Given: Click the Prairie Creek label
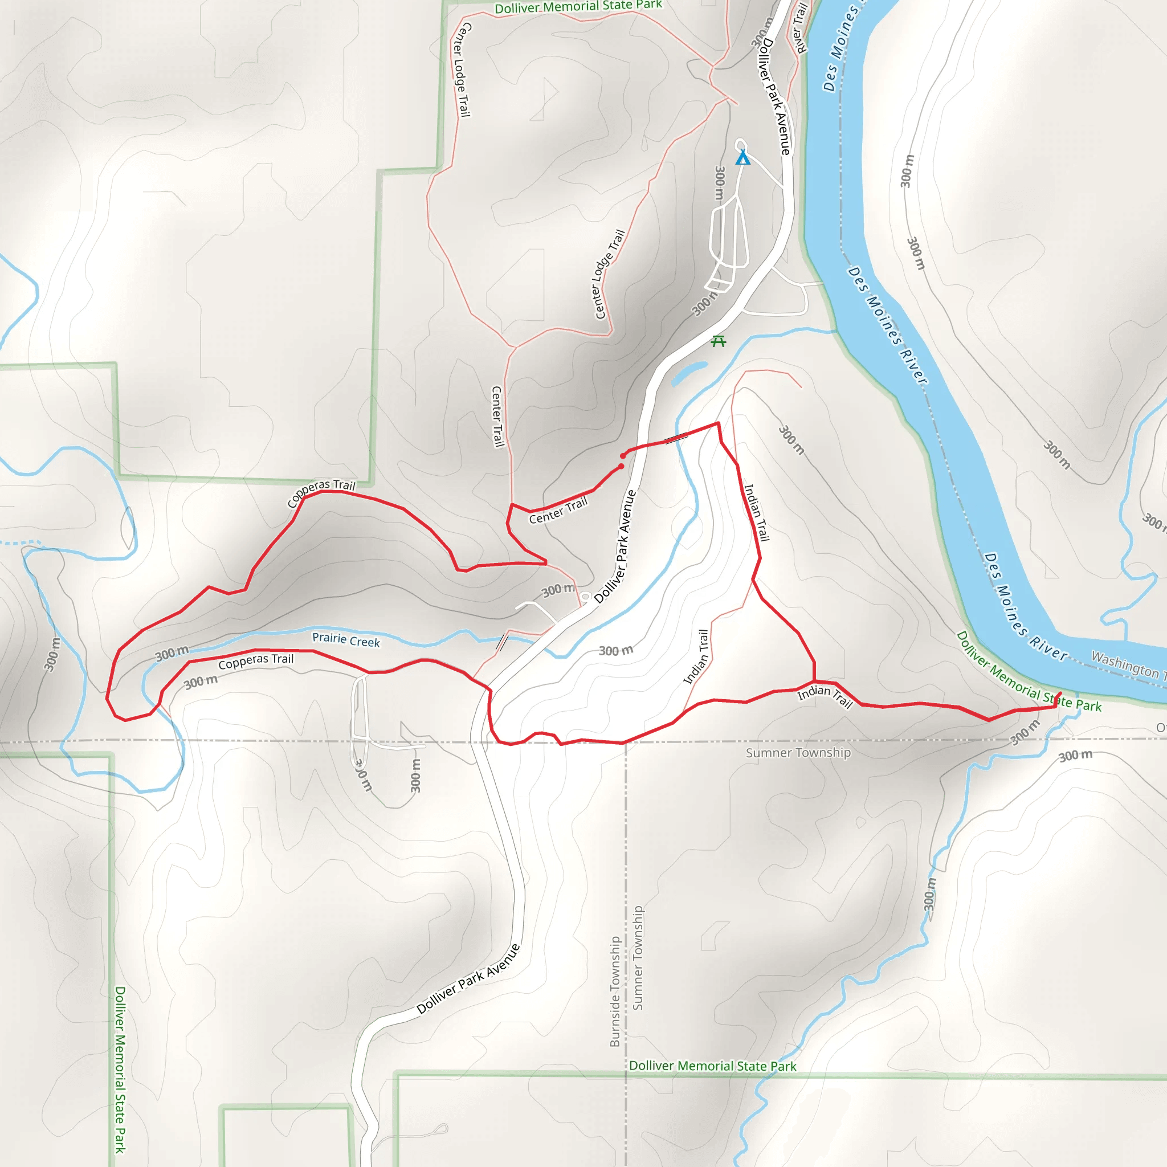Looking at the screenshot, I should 345,640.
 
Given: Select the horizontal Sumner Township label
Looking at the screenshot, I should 797,753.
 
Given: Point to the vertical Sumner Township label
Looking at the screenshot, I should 638,957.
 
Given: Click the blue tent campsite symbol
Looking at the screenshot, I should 742,158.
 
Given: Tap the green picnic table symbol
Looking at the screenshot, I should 718,341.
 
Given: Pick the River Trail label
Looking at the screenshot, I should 799,28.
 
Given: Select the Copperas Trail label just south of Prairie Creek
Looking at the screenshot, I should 255,662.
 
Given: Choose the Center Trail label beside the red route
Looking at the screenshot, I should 558,511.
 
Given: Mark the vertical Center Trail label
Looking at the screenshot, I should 497,417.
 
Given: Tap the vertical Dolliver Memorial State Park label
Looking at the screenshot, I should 120,1069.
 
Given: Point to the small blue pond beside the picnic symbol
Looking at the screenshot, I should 688,373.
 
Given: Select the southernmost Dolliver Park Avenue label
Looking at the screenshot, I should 468,978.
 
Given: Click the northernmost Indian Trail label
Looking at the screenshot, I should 756,512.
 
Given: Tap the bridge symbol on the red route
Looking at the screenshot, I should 676,439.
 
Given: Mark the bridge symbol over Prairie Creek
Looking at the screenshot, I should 502,642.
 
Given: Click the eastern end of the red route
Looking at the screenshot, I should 1060,693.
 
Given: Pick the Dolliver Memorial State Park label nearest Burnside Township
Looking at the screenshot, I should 713,1066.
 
